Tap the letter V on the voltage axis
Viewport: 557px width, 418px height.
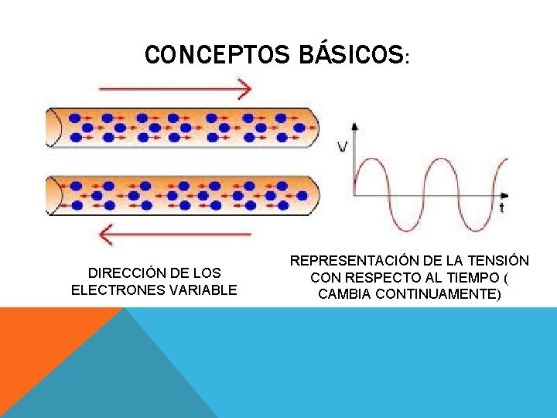pos(342,145)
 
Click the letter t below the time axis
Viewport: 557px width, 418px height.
pos(502,207)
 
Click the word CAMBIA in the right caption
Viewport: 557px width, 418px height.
pos(343,294)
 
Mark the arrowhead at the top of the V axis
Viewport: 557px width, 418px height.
pos(355,125)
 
